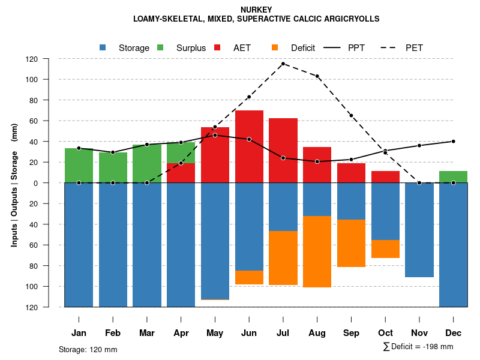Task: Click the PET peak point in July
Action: (x=283, y=64)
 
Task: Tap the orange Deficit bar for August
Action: (x=317, y=251)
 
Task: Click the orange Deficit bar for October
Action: (x=385, y=249)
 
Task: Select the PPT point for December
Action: (x=453, y=142)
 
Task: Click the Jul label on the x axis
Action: (x=283, y=333)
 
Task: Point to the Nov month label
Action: (x=419, y=333)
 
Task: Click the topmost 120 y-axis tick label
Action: (x=49, y=59)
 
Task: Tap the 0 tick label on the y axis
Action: (x=52, y=183)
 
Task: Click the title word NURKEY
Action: (x=256, y=10)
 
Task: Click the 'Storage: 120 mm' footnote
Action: (x=88, y=349)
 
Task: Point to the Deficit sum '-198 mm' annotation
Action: (x=418, y=347)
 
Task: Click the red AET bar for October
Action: (x=385, y=177)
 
